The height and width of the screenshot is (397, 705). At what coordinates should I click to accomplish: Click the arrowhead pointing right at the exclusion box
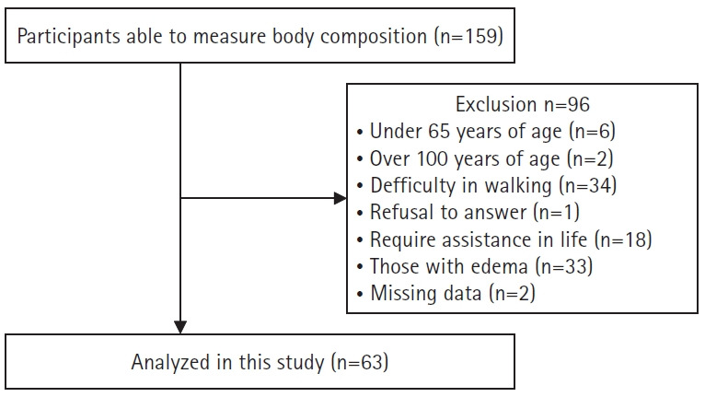click(340, 198)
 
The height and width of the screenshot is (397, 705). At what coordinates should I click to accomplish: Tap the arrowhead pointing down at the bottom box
click(180, 326)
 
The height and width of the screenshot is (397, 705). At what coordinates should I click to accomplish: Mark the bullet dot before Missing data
click(361, 295)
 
